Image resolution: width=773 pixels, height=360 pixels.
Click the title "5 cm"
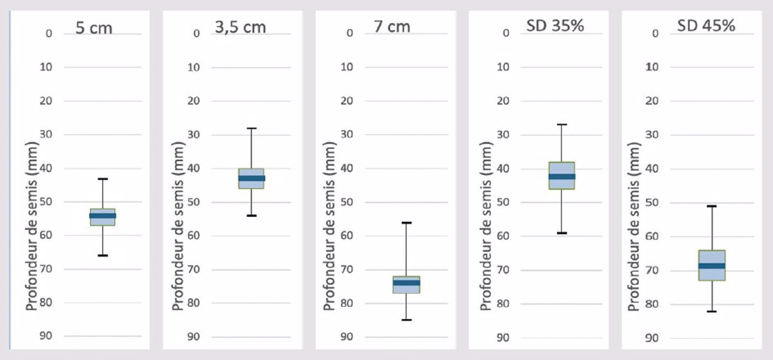94,27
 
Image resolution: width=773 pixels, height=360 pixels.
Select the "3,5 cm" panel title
240,26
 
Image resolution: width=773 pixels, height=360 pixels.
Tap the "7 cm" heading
392,26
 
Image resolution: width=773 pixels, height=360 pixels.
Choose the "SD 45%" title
706,25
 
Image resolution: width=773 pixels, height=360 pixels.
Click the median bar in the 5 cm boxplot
103,216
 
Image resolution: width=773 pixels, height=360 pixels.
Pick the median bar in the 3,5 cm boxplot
252,178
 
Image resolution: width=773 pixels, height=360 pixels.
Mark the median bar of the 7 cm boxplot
406,283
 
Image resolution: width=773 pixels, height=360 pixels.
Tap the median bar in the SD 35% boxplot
562,177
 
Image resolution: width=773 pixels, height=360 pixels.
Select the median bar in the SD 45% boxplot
712,266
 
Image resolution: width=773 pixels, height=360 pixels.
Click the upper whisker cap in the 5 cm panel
103,179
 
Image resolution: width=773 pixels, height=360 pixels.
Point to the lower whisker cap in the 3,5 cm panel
252,215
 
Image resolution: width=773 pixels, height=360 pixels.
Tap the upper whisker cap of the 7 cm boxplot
406,223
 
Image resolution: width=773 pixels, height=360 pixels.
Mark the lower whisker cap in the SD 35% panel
562,233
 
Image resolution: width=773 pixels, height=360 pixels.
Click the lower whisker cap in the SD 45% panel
712,311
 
